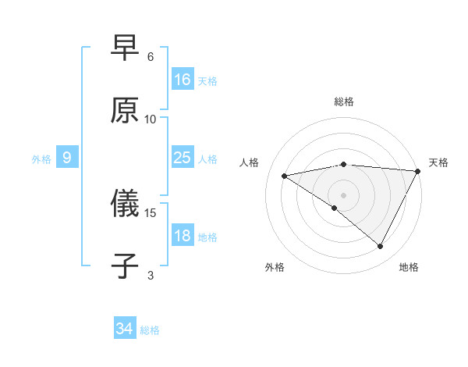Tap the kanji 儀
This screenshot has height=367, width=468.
tap(126, 205)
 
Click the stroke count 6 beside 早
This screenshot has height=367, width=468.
tap(151, 56)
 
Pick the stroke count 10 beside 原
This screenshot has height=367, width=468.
tap(151, 119)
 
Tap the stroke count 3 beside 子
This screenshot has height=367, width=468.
tap(151, 275)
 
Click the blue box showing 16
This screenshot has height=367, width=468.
tap(183, 80)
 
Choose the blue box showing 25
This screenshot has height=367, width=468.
tap(183, 158)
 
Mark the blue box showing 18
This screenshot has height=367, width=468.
tap(183, 236)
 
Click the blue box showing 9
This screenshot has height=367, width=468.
tap(67, 158)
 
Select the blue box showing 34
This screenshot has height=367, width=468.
tap(125, 329)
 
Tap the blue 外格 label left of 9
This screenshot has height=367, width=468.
tap(41, 159)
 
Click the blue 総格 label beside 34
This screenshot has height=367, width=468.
tap(150, 330)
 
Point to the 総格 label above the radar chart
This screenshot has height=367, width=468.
tap(344, 102)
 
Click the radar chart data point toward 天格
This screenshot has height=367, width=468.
tap(417, 172)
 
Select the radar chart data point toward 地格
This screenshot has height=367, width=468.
tap(381, 247)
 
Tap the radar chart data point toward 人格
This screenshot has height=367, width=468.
tap(285, 176)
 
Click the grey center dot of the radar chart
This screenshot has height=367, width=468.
tap(344, 194)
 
